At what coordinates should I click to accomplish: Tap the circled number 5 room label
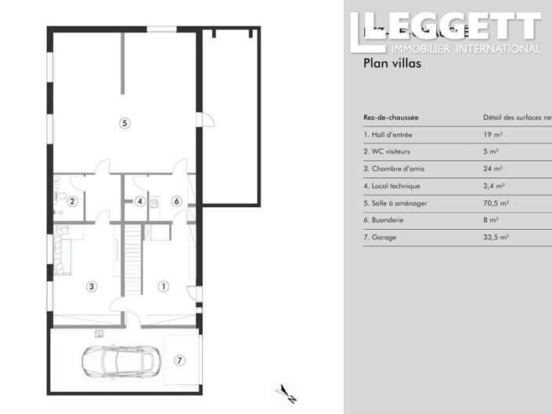[124, 122]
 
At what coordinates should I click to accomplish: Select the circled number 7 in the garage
[179, 361]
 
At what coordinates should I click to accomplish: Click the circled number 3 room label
[92, 287]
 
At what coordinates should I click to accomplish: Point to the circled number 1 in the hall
[164, 287]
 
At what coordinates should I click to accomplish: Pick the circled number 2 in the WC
[72, 202]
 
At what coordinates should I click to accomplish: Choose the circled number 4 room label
[139, 202]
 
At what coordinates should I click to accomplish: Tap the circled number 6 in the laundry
[177, 202]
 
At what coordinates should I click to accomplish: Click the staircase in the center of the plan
[132, 259]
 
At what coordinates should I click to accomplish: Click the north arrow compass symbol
[287, 394]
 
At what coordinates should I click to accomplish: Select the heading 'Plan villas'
[392, 64]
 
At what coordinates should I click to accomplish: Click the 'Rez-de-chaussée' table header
[391, 118]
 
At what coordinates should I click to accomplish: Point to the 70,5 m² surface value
[496, 203]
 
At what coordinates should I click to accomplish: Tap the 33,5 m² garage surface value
[496, 237]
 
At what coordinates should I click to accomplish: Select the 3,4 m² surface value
[494, 186]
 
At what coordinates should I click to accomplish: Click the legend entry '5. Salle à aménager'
[395, 203]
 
